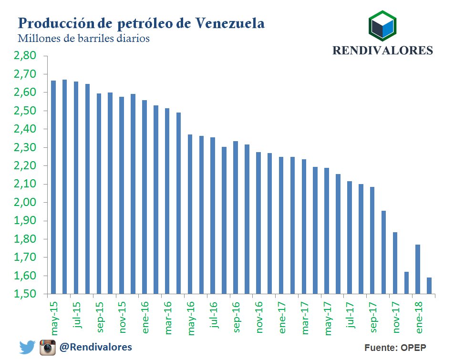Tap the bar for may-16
190,214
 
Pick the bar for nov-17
395,263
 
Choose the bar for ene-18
418,269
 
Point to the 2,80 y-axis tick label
25,56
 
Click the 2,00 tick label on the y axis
25,203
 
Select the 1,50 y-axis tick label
25,294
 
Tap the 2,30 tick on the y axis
25,148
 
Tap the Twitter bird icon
27,347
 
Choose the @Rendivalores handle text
95,347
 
